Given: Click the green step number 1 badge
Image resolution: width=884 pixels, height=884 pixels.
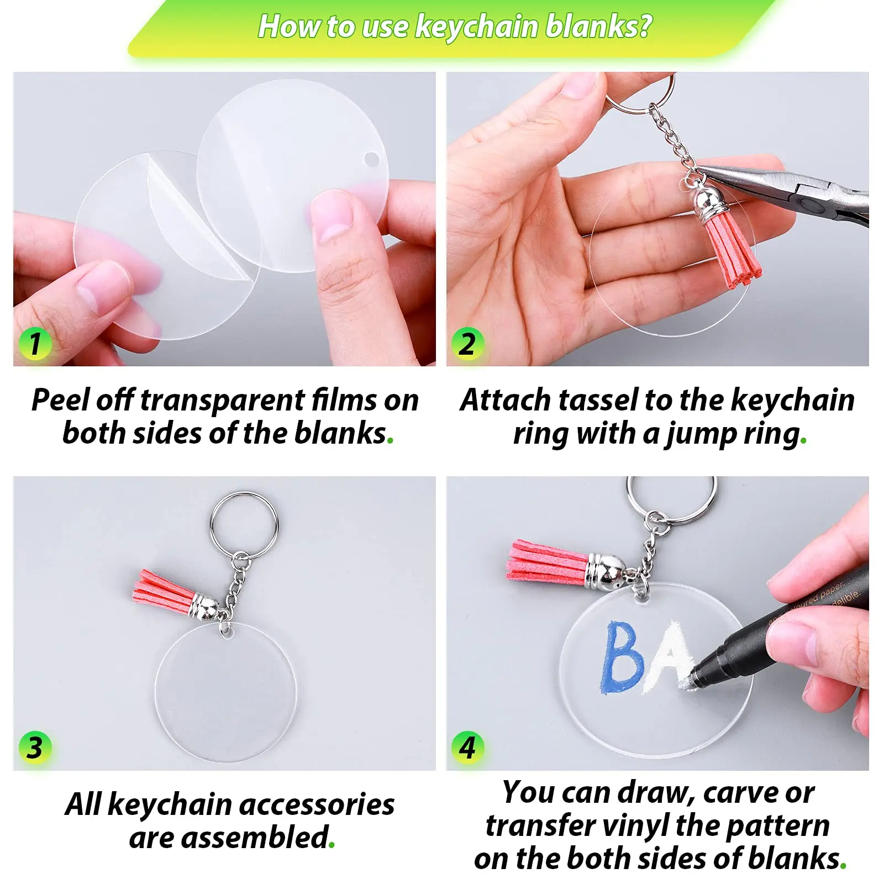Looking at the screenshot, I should pos(35,344).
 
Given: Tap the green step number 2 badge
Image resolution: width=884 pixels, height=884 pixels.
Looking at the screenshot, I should pos(467,344).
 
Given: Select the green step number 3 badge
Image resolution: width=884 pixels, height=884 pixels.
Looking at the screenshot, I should pos(35,748).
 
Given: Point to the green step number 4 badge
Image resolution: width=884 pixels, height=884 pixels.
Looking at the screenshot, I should pos(467,748).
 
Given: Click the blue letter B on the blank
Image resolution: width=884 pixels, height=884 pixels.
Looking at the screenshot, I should pos(623,657).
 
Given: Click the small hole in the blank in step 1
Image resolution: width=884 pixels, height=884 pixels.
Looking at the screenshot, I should pos(372,160).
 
